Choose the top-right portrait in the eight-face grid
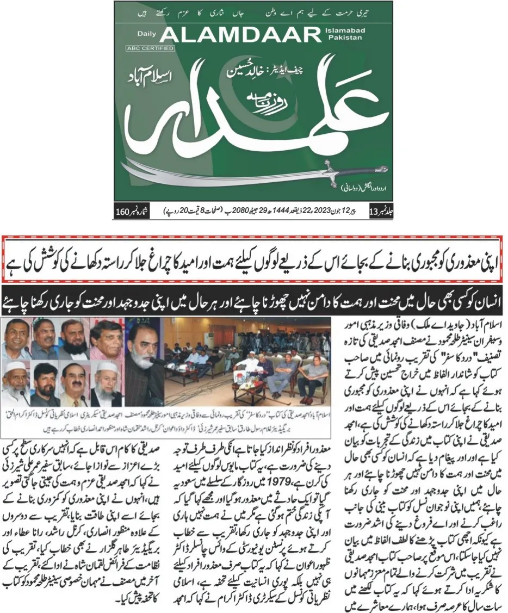tap(106, 339)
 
